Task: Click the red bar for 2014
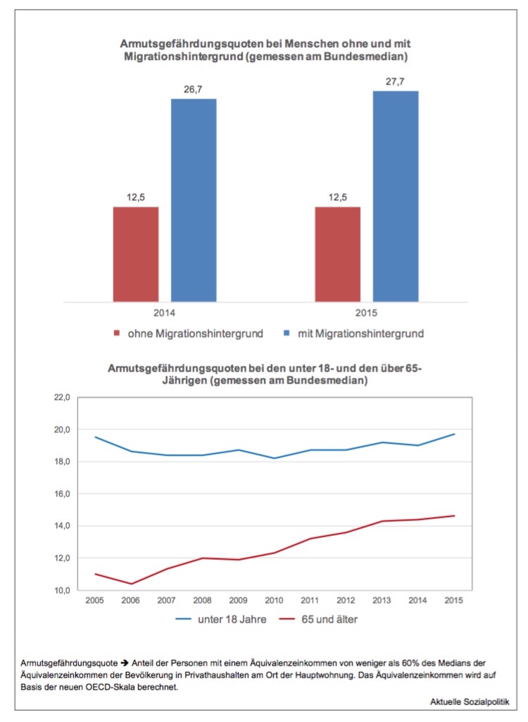pos(136,254)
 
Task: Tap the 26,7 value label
pos(194,91)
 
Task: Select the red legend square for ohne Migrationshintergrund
pos(117,333)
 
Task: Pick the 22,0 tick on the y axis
pos(61,398)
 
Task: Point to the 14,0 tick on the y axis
pos(61,526)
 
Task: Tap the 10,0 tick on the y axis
pos(61,590)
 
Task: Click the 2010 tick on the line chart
pos(274,600)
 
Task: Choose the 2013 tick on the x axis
pos(382,600)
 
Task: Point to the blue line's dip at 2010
pos(274,458)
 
